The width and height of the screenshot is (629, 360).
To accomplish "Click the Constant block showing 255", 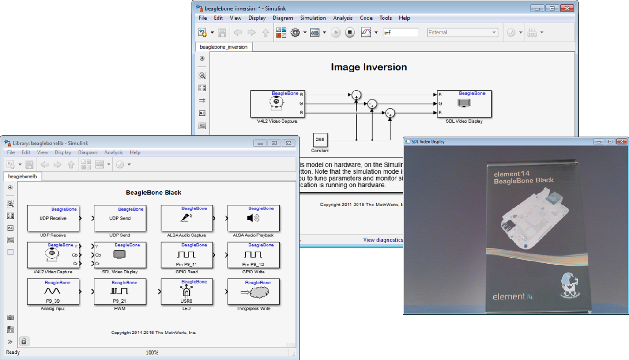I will coord(320,140).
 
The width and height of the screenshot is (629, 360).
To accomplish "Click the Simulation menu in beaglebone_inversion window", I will coord(313,18).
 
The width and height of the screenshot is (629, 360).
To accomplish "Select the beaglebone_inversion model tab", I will coord(224,47).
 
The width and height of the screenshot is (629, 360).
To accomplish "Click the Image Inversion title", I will coord(369,67).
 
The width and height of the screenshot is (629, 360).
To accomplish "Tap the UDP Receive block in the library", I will coord(53,218).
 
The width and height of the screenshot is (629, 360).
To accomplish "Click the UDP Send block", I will coord(120,218).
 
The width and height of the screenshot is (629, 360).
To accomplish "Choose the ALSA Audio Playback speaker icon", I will coord(253,218).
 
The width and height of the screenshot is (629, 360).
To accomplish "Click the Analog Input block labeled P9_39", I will coord(53,292).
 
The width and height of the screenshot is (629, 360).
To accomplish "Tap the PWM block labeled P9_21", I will coord(120,292).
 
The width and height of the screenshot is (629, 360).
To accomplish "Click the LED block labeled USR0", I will coord(186,292).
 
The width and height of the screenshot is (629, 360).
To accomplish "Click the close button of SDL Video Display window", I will coord(621,141).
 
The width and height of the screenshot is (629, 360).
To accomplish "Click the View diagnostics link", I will coord(383,240).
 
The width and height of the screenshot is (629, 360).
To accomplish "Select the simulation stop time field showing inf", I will coord(400,33).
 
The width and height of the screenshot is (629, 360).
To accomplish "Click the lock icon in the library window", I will coord(24,341).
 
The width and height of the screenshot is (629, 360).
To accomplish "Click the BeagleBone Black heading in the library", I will coord(153,193).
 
